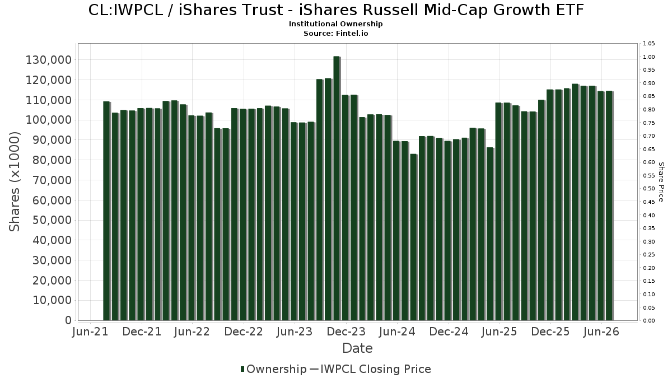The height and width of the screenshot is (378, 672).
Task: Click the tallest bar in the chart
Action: pyautogui.click(x=337, y=188)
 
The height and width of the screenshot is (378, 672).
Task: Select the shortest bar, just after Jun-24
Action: pyautogui.click(x=413, y=237)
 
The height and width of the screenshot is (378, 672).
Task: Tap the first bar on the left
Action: pyautogui.click(x=106, y=211)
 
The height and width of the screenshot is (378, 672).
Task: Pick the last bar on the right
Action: pyautogui.click(x=609, y=206)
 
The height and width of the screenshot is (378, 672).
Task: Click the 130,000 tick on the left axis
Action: pyautogui.click(x=49, y=60)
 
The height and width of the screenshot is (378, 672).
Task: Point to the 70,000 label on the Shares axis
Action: pyautogui.click(x=52, y=180)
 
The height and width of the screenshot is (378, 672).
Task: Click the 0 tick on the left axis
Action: pyautogui.click(x=68, y=320)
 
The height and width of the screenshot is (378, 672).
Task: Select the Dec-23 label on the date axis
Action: pyautogui.click(x=346, y=332)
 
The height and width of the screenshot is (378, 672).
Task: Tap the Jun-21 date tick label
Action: pyautogui.click(x=90, y=332)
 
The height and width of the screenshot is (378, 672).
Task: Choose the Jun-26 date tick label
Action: pyautogui.click(x=601, y=332)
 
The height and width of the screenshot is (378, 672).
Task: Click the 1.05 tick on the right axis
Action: pyautogui.click(x=648, y=44)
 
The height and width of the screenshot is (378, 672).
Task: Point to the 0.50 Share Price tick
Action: pyautogui.click(x=648, y=189)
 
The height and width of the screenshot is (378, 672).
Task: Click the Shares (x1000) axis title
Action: pyautogui.click(x=14, y=182)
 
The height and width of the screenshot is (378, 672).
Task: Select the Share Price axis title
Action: pyautogui.click(x=661, y=182)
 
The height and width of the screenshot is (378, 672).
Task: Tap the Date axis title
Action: pyautogui.click(x=357, y=348)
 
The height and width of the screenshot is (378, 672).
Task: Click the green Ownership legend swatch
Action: pyautogui.click(x=242, y=369)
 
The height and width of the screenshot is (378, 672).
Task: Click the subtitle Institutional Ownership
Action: pyautogui.click(x=335, y=24)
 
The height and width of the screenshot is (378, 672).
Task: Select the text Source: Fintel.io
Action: pyautogui.click(x=335, y=33)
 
